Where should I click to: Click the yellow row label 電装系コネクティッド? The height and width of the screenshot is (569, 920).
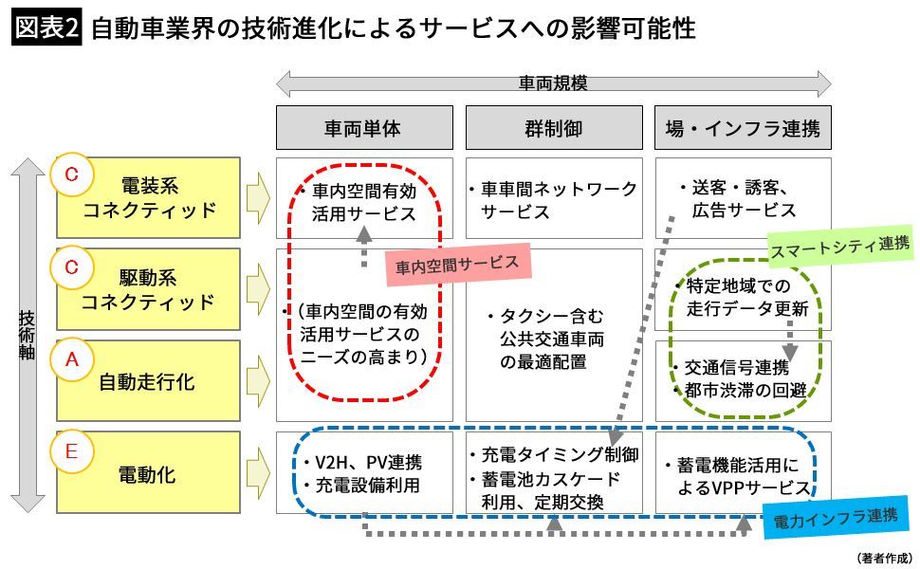tap(148, 197)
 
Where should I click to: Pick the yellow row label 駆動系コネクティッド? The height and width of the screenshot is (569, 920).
tap(148, 290)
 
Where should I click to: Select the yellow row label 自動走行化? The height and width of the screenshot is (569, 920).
tap(148, 382)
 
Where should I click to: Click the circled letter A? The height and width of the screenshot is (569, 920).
tap(70, 360)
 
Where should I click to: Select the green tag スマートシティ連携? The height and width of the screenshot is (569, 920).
tap(840, 245)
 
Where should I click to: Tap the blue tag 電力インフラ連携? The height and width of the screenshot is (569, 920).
tap(836, 517)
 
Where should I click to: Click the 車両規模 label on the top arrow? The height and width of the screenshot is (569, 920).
tap(553, 83)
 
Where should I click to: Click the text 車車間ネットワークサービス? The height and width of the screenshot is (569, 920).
tap(555, 200)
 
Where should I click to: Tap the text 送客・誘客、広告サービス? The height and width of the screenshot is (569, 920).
tap(745, 200)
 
